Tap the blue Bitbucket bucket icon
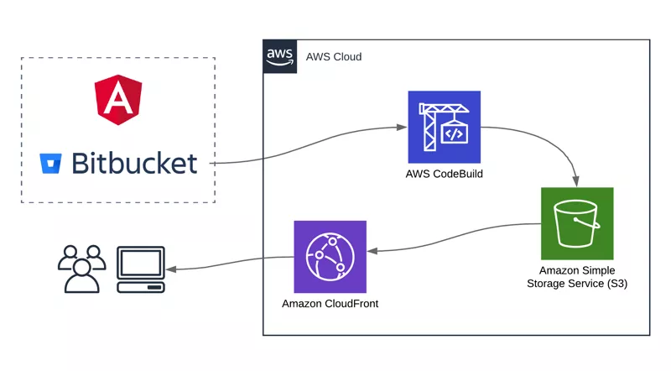pyautogui.click(x=51, y=163)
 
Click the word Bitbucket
pyautogui.click(x=135, y=162)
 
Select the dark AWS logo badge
pyautogui.click(x=279, y=56)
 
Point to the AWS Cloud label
pyautogui.click(x=334, y=57)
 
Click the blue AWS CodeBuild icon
pyautogui.click(x=444, y=127)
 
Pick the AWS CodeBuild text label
pyautogui.click(x=444, y=174)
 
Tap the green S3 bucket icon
pyautogui.click(x=576, y=223)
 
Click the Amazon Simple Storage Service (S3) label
pyautogui.click(x=576, y=277)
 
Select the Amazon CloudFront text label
pyautogui.click(x=330, y=303)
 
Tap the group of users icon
pyautogui.click(x=81, y=269)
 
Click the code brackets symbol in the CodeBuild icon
pyautogui.click(x=454, y=133)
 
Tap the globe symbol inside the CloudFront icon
pyautogui.click(x=330, y=255)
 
